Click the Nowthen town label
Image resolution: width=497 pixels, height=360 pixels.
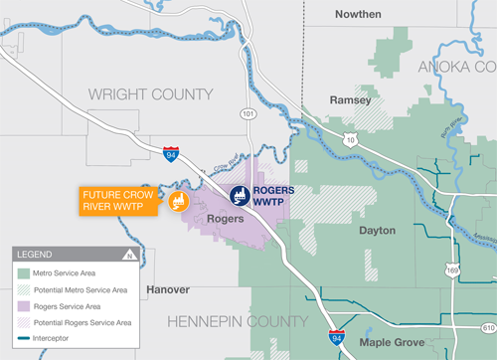360,14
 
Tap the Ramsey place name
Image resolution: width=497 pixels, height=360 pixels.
350,100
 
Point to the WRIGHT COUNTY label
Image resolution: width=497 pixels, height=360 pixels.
151,93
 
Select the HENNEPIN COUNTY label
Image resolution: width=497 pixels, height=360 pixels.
238,321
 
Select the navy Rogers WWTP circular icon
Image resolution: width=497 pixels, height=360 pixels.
240,196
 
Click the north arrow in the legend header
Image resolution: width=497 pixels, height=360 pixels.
128,255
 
